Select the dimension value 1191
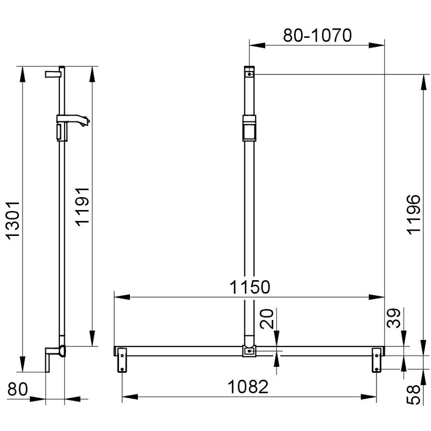click(83, 207)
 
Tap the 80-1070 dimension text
click(317, 35)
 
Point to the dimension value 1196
click(414, 214)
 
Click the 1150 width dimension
click(250, 287)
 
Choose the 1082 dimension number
click(248, 387)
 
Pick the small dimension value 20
click(267, 318)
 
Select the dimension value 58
click(414, 394)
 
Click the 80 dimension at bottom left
click(18, 389)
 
